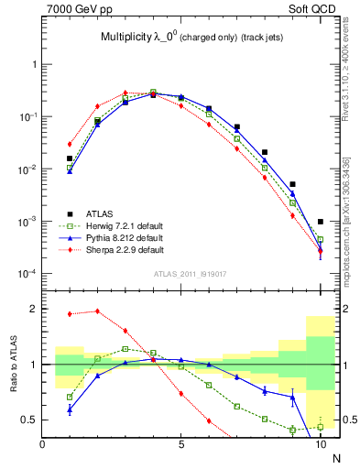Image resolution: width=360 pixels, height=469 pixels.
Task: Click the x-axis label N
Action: [335, 458]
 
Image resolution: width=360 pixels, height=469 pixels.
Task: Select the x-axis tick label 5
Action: [181, 445]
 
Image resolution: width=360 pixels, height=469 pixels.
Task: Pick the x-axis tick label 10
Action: [320, 445]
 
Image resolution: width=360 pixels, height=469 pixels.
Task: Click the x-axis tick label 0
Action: [43, 445]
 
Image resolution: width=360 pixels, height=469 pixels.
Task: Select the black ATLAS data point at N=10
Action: [320, 222]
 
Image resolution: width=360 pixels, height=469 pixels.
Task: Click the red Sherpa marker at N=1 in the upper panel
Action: [70, 144]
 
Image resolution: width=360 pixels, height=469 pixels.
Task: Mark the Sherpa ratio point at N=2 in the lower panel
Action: [97, 311]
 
